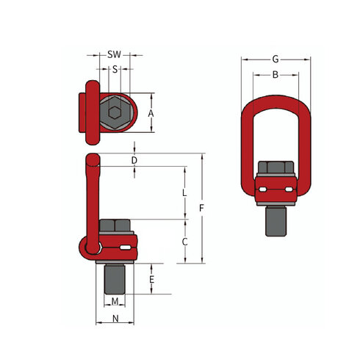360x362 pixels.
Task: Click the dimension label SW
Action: coord(115,55)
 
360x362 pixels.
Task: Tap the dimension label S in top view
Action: coord(115,69)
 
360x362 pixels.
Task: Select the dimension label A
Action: coord(150,113)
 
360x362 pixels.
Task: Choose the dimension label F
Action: coord(201,209)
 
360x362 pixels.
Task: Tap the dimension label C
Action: coord(185,241)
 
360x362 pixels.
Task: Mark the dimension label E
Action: coord(151,280)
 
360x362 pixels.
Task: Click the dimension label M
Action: coord(115,302)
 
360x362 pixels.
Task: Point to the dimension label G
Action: coord(276,59)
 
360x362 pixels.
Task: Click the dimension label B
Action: coord(276,75)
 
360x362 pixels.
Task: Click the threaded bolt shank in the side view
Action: coord(115,277)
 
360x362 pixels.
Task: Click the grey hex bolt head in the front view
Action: coord(276,168)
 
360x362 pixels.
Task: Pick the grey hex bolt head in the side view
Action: coord(113,225)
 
